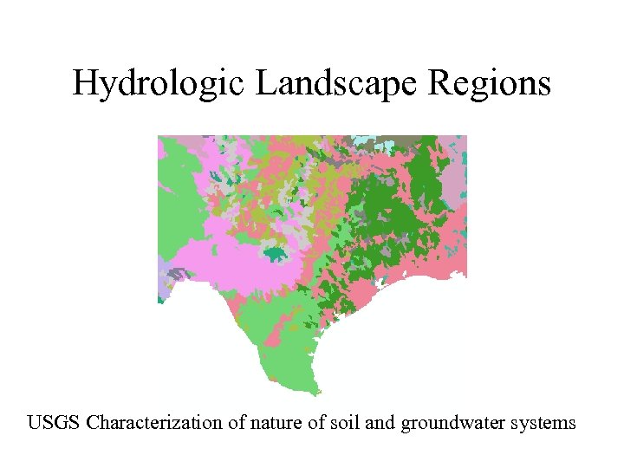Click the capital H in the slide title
click(x=85, y=83)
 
